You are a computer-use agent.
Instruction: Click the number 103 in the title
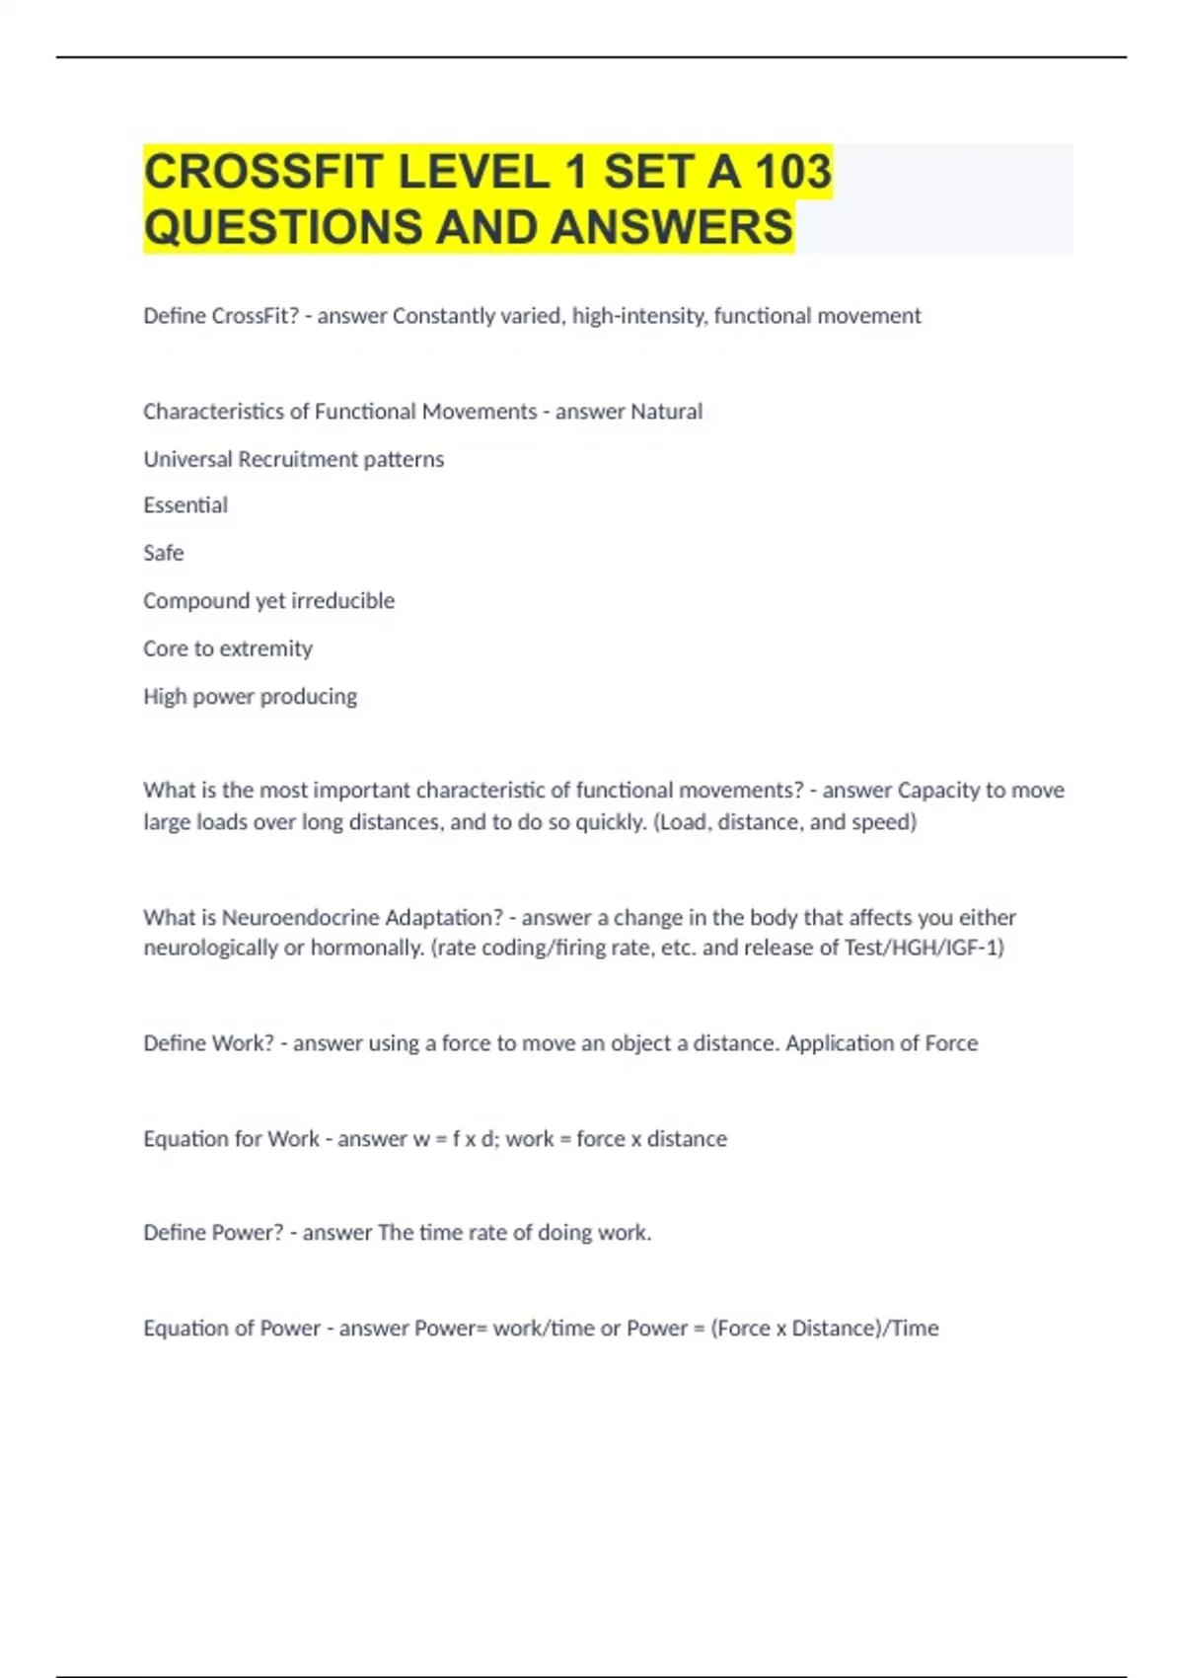pos(792,172)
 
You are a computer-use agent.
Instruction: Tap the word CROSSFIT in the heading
pos(262,172)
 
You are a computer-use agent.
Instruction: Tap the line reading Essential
pos(185,505)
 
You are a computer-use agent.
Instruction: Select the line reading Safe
pos(164,553)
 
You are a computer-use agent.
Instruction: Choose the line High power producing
pos(250,697)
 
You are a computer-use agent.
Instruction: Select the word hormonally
pos(367,949)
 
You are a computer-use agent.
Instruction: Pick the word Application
pos(840,1043)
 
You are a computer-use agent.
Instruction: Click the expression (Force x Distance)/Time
pos(825,1329)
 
